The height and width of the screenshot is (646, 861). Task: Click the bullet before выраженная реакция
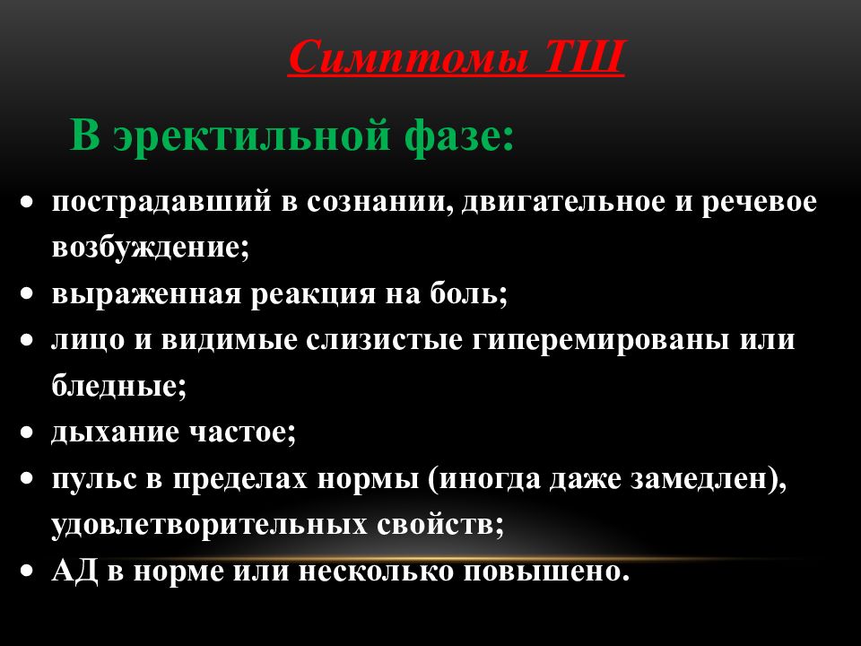coord(30,295)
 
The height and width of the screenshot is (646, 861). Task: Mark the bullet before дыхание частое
coord(30,433)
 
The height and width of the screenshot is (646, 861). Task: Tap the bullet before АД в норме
coord(30,572)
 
